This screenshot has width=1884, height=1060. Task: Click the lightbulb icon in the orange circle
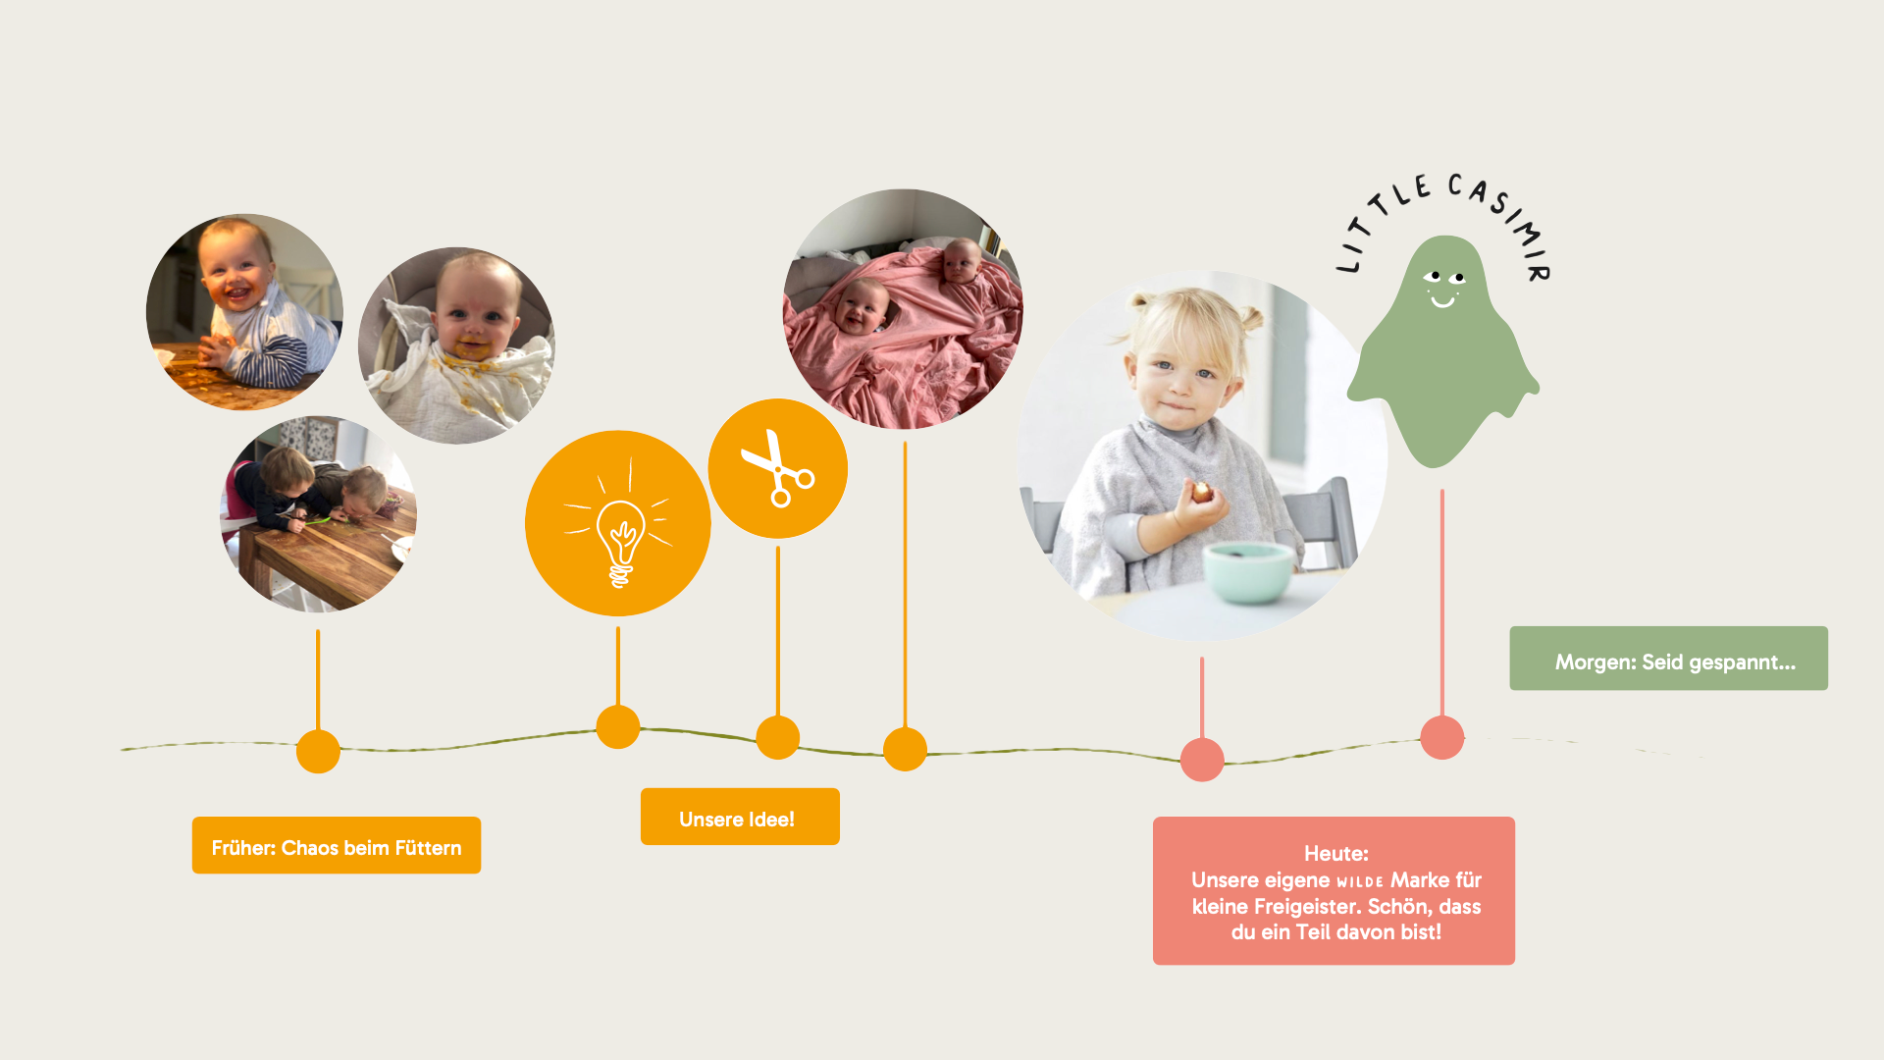[618, 525]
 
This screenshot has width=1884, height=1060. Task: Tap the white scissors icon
[777, 468]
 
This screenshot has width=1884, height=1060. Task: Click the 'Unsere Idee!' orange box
[740, 817]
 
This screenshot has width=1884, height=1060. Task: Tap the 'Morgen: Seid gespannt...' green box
[1668, 659]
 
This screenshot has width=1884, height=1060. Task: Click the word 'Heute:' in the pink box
[1335, 854]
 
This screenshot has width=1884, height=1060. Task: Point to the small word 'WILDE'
[1360, 881]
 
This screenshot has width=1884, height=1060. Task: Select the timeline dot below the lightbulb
[618, 727]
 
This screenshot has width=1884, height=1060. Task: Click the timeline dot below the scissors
[778, 737]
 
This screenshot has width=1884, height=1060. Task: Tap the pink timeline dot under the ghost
[1442, 737]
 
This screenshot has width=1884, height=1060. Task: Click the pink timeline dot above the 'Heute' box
[1202, 760]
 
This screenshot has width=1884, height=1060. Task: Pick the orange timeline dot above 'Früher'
[318, 752]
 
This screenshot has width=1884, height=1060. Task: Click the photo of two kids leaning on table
[318, 513]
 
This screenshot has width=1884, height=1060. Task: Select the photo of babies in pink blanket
[903, 309]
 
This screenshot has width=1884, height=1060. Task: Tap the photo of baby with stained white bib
[456, 345]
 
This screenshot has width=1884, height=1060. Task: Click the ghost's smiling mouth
[1442, 300]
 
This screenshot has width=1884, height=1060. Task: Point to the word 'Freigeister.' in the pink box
[1307, 907]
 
